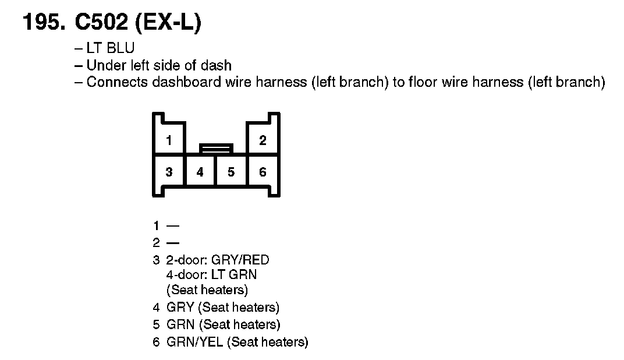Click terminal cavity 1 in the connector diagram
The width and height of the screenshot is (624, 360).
pos(169,140)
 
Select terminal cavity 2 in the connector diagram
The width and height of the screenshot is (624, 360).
pos(263,140)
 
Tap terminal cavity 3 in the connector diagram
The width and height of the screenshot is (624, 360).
pos(169,172)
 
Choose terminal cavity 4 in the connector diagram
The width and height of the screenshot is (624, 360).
pos(200,172)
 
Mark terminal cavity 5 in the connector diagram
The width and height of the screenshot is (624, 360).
pos(232,172)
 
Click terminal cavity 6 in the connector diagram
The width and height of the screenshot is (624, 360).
pos(263,172)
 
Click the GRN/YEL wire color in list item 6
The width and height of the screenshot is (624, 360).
pos(195,342)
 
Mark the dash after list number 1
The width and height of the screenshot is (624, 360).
pos(173,225)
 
